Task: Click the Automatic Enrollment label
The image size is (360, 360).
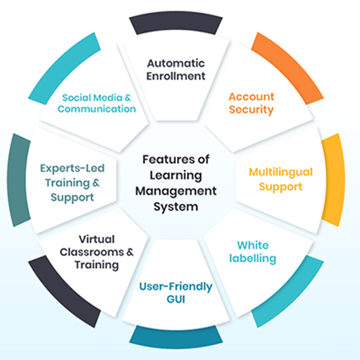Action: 176,70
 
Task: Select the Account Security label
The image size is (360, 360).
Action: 251,103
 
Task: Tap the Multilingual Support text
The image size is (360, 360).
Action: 280,179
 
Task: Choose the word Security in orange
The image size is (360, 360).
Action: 251,110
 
